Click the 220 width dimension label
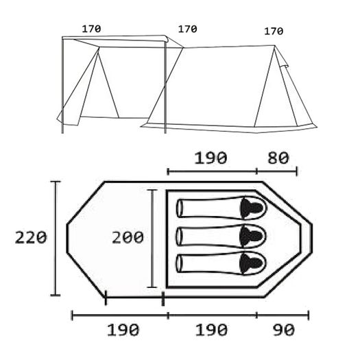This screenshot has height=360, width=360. pos(31,237)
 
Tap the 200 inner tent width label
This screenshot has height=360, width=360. pos(128,237)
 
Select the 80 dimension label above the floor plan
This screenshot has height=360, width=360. pos(278,158)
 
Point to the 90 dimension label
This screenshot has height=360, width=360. pos(284,330)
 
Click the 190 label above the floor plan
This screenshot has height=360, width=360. pos(211,158)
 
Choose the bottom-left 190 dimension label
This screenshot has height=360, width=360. pos(123,330)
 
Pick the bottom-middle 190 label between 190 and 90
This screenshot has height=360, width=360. pos(211,330)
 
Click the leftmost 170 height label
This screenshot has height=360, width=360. pos(91,29)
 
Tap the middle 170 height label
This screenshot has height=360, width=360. pos(188,29)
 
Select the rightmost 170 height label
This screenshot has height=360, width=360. pos(274,32)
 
